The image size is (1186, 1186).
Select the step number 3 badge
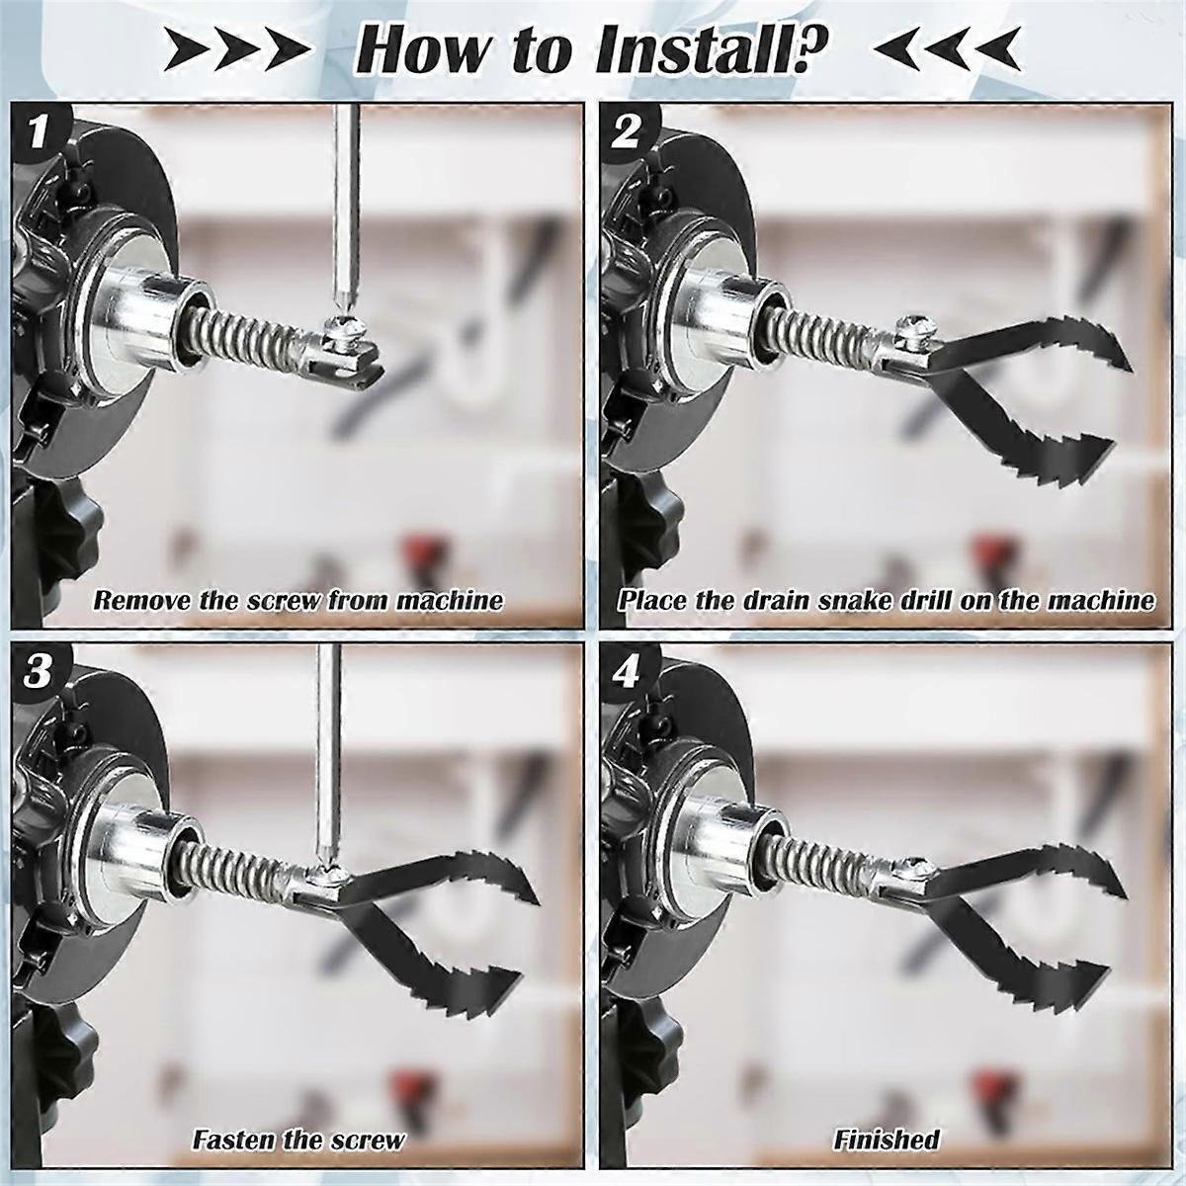coord(38,672)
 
